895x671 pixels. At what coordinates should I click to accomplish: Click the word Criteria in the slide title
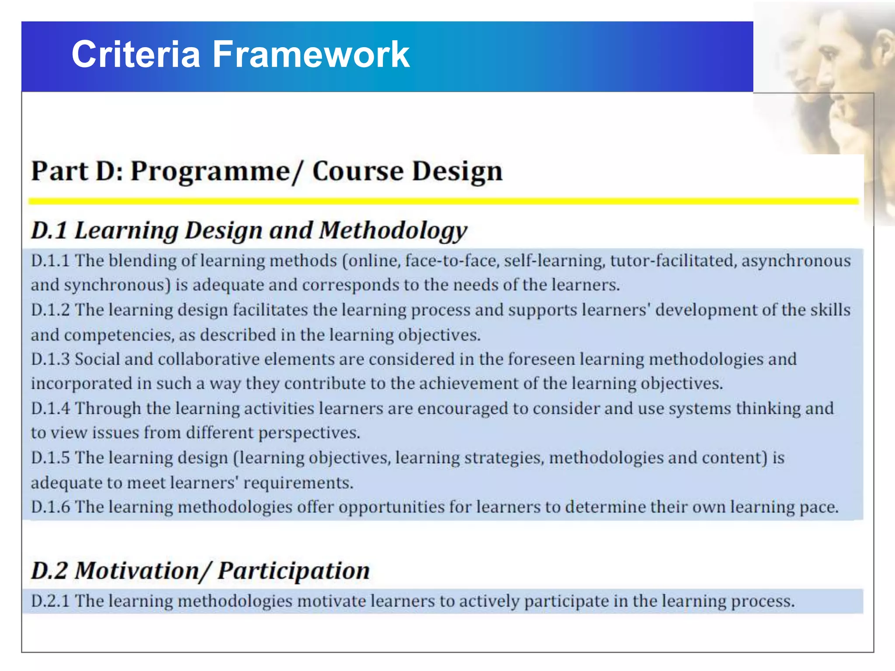(x=135, y=54)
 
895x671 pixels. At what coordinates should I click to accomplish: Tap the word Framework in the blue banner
(x=311, y=54)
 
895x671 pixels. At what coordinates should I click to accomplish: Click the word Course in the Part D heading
(x=357, y=171)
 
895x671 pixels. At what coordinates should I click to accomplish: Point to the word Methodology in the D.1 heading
(x=393, y=231)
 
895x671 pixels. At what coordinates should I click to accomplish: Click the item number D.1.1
(x=50, y=261)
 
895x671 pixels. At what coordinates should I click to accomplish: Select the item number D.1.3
(x=50, y=359)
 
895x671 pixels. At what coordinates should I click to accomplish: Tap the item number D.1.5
(x=50, y=458)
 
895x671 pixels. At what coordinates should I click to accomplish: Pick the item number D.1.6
(x=50, y=507)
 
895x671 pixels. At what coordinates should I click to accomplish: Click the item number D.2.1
(x=50, y=601)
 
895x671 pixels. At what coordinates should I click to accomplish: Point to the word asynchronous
(x=796, y=261)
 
